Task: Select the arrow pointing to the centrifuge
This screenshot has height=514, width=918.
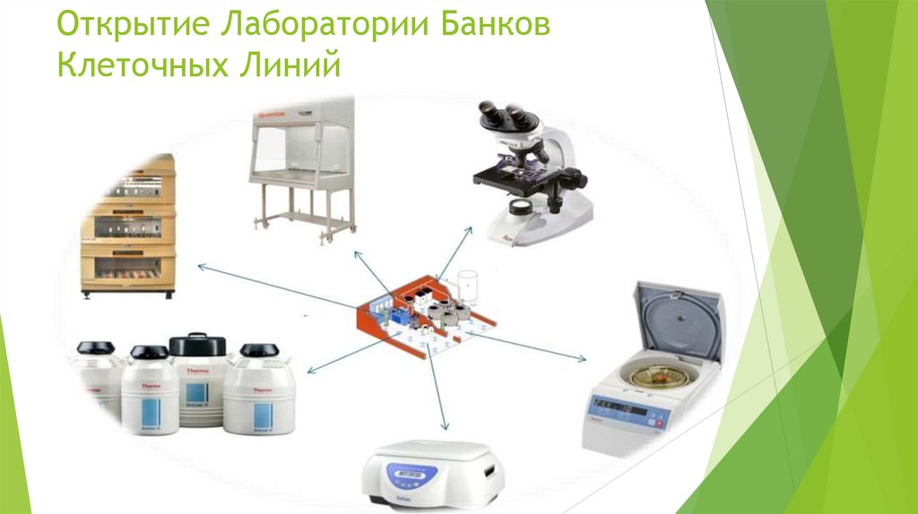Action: click(538, 352)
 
